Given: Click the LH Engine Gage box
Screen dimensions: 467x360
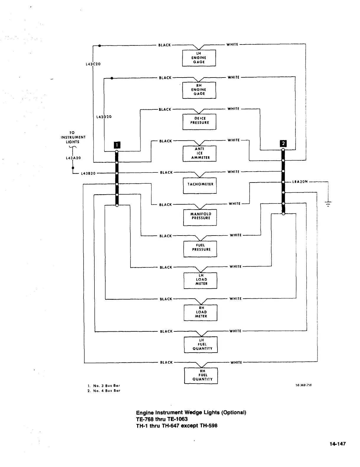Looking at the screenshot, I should [199, 58].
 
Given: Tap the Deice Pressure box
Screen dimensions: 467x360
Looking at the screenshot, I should [199, 121].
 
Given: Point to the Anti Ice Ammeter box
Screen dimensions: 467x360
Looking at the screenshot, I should [199, 154].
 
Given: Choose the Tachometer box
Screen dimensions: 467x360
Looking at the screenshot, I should [200, 185].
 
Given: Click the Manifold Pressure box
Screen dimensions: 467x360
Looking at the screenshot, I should [200, 217].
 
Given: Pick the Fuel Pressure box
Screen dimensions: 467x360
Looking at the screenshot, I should [200, 249].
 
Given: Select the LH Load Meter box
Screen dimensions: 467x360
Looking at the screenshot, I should [200, 280].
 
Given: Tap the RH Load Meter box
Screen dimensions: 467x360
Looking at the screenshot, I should [200, 313].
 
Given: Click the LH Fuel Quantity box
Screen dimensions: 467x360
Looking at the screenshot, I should [201, 344].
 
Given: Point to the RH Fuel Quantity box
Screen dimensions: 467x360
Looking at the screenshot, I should [201, 376].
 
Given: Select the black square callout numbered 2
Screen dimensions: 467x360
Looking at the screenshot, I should [283, 143].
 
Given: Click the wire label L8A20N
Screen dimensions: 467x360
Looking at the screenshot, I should [300, 182].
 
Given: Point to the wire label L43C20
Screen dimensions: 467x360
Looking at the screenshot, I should [93, 64].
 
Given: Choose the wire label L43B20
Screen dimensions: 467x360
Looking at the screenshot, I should [88, 173].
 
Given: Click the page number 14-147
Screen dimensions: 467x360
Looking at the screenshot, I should [338, 444].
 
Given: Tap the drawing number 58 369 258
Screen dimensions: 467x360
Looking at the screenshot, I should [304, 385].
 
